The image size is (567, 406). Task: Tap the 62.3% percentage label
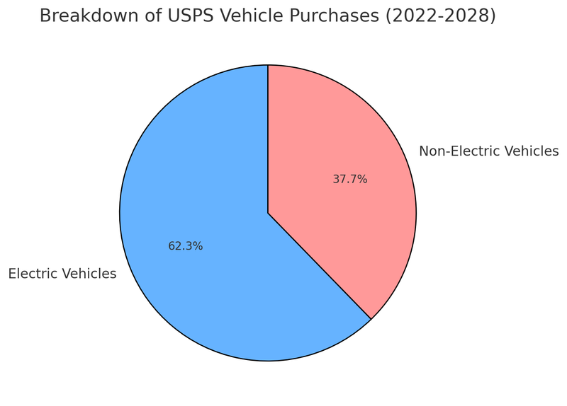(186, 246)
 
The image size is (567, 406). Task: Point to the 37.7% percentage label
(350, 180)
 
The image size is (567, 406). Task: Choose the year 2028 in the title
(468, 16)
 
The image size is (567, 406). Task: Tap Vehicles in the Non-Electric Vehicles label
(531, 151)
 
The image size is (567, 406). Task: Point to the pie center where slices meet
(268, 213)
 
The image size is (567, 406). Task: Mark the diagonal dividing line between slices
(320, 266)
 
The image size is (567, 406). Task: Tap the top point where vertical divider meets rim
(268, 65)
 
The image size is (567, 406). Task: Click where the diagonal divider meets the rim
(371, 319)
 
